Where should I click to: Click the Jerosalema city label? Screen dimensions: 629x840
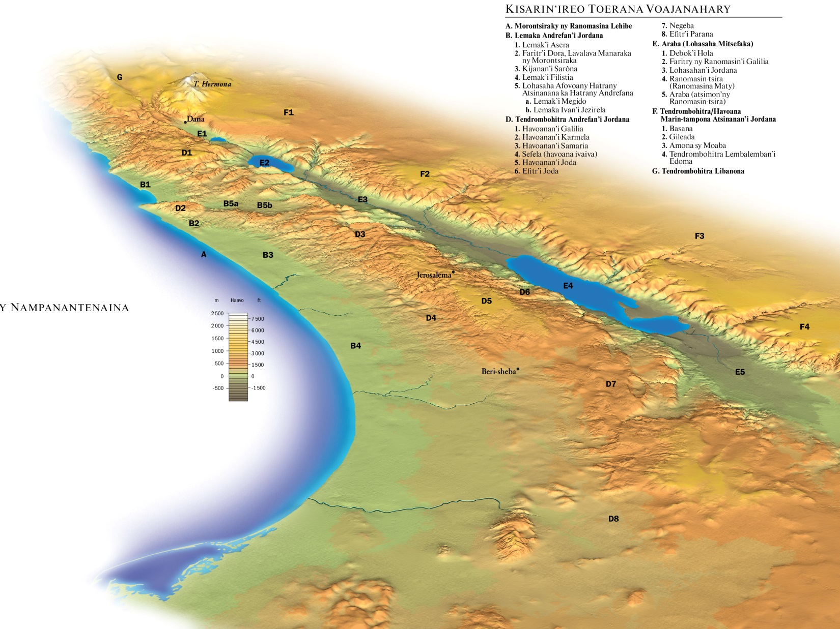(434, 275)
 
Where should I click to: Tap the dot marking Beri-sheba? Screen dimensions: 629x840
(518, 369)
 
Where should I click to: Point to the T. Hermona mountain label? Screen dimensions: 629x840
(212, 84)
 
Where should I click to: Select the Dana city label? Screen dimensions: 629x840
(195, 119)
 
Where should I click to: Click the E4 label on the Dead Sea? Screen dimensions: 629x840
(568, 286)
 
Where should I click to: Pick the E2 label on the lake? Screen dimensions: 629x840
(264, 163)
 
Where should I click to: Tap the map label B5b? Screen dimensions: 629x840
(264, 205)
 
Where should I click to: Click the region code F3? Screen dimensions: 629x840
(699, 236)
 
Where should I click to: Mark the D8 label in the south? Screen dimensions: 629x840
(613, 519)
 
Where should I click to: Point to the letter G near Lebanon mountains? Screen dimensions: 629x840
(120, 77)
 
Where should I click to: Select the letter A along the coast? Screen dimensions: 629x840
(204, 254)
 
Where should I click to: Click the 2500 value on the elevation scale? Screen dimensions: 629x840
(217, 313)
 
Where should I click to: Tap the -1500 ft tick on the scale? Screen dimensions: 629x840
(258, 388)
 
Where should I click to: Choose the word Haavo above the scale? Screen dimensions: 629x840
(237, 301)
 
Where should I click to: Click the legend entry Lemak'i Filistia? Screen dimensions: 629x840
(547, 77)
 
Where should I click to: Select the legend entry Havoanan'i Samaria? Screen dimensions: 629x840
(554, 145)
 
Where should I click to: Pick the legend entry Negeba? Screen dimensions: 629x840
(681, 25)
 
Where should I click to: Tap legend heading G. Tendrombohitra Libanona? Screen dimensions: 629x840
(698, 171)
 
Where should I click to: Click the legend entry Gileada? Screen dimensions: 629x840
(682, 137)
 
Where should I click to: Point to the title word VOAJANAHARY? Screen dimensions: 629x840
(688, 9)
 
